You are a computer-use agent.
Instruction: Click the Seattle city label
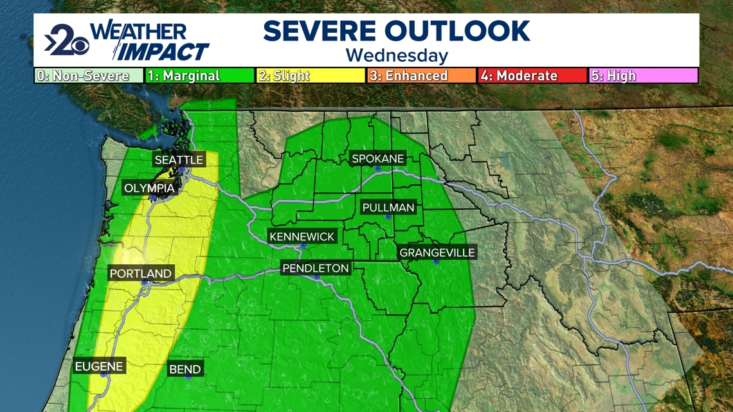click(x=179, y=159)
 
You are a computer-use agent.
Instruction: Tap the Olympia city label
click(x=149, y=188)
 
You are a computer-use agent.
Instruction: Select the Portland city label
click(x=140, y=274)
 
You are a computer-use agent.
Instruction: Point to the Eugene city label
click(x=99, y=367)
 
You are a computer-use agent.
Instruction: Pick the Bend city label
click(x=185, y=370)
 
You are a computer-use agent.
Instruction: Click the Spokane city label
click(x=377, y=159)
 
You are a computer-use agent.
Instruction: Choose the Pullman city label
click(x=388, y=208)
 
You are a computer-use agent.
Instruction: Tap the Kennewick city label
click(x=302, y=237)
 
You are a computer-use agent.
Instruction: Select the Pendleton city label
click(x=316, y=268)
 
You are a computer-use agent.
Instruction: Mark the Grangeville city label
click(x=437, y=253)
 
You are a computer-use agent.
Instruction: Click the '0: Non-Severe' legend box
click(x=89, y=76)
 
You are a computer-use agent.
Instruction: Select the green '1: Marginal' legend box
click(x=200, y=76)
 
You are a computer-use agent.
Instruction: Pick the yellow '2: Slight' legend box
click(x=311, y=76)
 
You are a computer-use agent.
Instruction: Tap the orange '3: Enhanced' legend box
click(x=421, y=76)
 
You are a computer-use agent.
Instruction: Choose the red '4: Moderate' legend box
click(x=532, y=76)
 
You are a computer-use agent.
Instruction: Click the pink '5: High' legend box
click(x=643, y=76)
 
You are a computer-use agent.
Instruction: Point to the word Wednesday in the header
click(x=397, y=55)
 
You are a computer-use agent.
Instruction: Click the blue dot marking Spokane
click(x=378, y=168)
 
